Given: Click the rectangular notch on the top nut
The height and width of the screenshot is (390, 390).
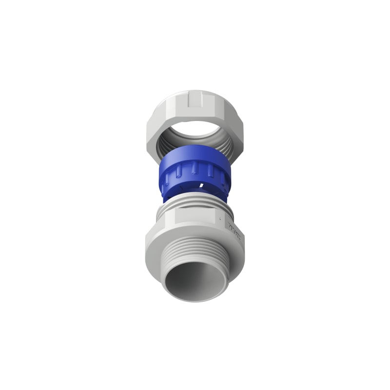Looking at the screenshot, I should (x=195, y=101).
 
